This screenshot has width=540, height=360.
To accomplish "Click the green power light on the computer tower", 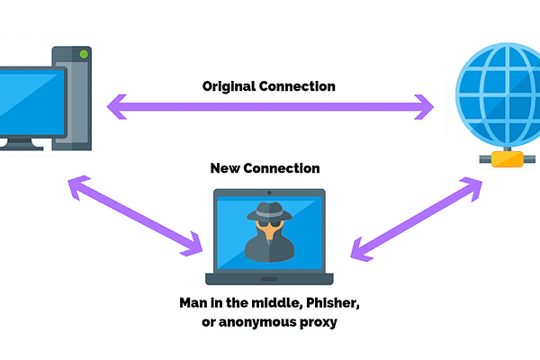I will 85,55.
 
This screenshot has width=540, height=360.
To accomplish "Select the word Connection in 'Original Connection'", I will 301,87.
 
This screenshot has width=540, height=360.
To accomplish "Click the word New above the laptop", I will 224,167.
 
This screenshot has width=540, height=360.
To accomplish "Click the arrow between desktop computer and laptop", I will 135,214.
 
